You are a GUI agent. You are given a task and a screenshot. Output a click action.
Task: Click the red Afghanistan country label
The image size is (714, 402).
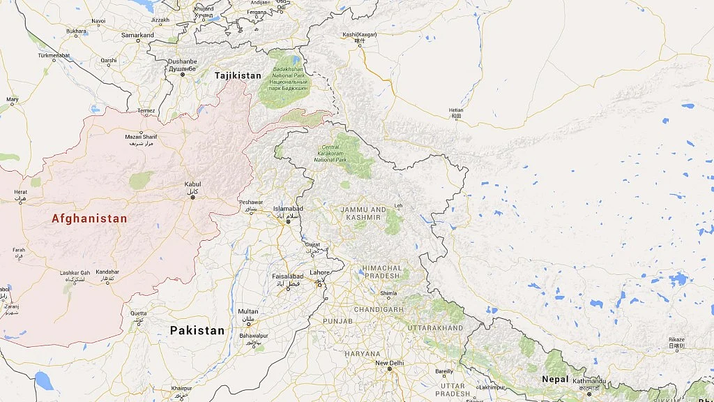(x=89, y=218)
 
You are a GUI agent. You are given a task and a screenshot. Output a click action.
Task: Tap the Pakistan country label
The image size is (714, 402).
(x=197, y=330)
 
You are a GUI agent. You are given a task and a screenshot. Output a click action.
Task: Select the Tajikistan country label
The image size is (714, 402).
(x=238, y=75)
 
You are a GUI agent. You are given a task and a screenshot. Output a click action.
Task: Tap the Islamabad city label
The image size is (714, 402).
(x=288, y=209)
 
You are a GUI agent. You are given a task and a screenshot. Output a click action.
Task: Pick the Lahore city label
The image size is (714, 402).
(x=320, y=272)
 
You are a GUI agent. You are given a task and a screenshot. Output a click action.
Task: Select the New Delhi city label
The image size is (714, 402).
(x=390, y=363)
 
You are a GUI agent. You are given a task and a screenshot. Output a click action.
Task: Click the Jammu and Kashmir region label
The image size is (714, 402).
(x=363, y=213)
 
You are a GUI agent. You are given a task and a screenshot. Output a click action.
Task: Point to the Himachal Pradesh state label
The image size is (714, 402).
(x=381, y=271)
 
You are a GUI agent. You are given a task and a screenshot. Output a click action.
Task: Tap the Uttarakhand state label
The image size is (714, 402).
(x=435, y=327)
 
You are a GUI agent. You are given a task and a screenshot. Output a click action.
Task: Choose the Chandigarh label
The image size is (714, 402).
(x=379, y=309)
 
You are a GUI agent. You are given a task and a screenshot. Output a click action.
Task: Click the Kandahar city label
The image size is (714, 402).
(x=107, y=271)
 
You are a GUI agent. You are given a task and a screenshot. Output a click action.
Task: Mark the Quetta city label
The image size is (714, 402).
(x=139, y=313)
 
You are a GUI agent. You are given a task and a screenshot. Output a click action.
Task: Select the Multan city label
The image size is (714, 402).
(x=248, y=311)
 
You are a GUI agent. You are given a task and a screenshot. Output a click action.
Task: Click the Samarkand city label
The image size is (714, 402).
(x=137, y=35)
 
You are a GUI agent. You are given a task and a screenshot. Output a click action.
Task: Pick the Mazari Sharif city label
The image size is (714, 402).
(x=140, y=137)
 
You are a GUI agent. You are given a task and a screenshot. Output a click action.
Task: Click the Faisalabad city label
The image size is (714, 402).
(x=287, y=276)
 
